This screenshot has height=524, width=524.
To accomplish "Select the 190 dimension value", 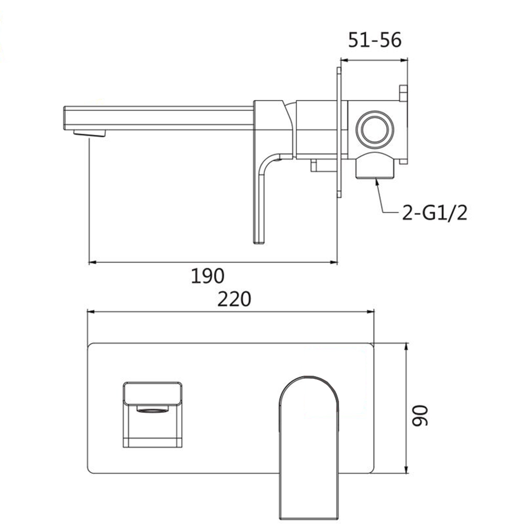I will click(x=208, y=276).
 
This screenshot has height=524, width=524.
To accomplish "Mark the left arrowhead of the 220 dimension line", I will click(x=90, y=312).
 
